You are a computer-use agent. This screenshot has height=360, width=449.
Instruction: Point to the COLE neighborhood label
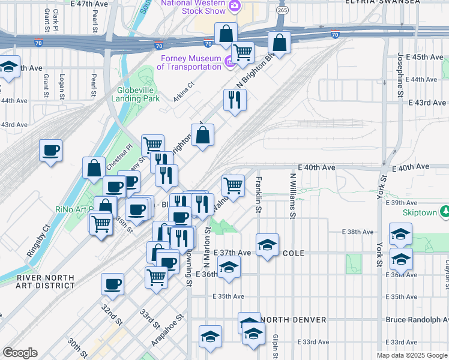click(294, 253)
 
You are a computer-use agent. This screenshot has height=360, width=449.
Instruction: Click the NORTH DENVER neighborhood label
click(294, 320)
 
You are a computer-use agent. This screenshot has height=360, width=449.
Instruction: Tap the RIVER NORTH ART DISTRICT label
click(46, 281)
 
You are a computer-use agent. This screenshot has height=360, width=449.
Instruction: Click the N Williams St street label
click(292, 196)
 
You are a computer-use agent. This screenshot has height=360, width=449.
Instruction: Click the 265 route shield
click(282, 11)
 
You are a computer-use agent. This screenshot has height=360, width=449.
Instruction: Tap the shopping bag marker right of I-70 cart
click(280, 42)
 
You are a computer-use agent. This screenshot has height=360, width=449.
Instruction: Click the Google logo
click(20, 353)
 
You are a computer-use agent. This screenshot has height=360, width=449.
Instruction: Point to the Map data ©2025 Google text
click(411, 355)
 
